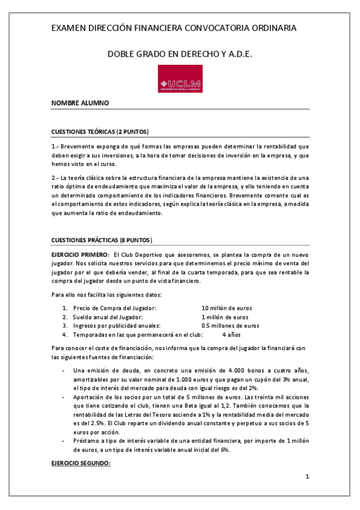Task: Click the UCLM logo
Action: point(179,79)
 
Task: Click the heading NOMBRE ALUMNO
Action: point(80,103)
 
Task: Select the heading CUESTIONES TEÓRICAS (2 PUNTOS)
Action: point(100,131)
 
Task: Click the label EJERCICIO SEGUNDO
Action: point(82,464)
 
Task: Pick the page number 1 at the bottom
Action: point(307,477)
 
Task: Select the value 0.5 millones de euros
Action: point(230,325)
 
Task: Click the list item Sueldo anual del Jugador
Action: point(107,317)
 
